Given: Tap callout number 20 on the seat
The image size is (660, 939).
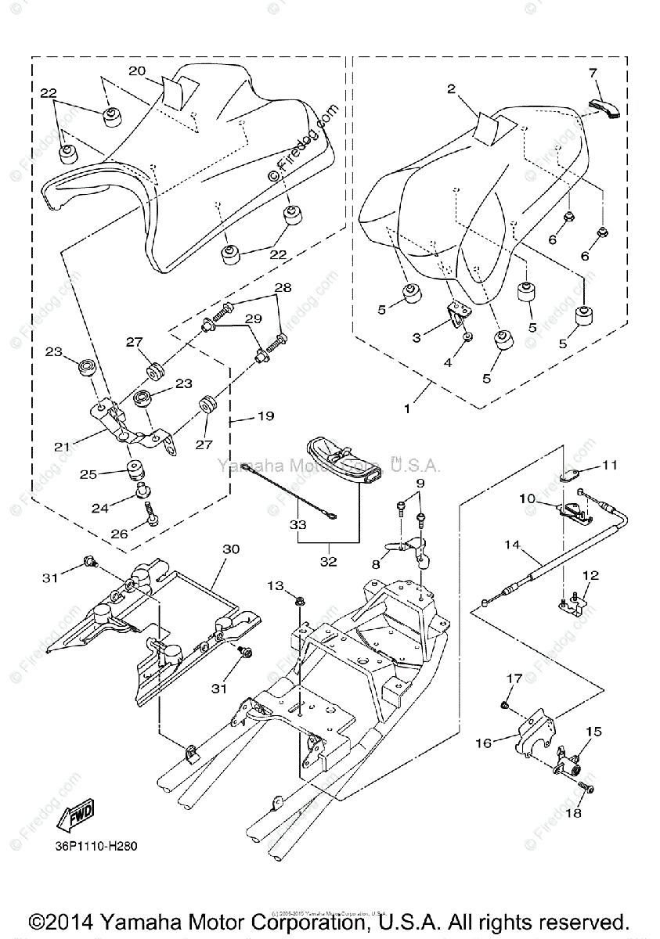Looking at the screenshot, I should (x=137, y=71).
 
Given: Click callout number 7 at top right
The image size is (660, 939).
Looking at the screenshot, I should (x=593, y=74).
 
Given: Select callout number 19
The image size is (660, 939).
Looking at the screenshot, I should (x=265, y=417).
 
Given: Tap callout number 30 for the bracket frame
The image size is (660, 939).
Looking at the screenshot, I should (x=231, y=549).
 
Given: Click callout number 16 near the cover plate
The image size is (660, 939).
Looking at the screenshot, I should (x=484, y=743).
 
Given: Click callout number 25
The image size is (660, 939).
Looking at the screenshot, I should (x=89, y=474).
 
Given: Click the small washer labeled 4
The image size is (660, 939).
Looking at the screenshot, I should (x=467, y=336).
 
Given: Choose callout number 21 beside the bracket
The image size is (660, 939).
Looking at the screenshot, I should (x=62, y=446).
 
